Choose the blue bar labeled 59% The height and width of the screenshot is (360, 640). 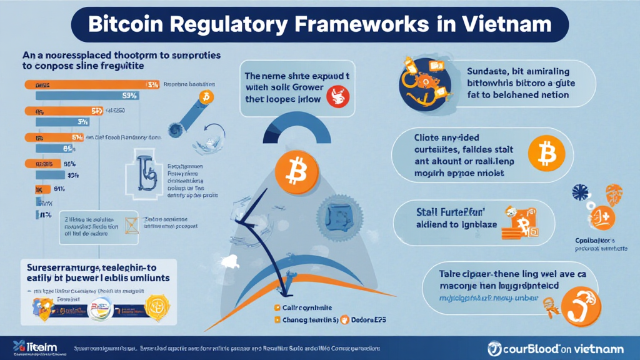[x=87, y=96]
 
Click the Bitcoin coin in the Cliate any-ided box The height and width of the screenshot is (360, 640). [x=546, y=152]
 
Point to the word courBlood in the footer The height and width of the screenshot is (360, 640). [x=529, y=347]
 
